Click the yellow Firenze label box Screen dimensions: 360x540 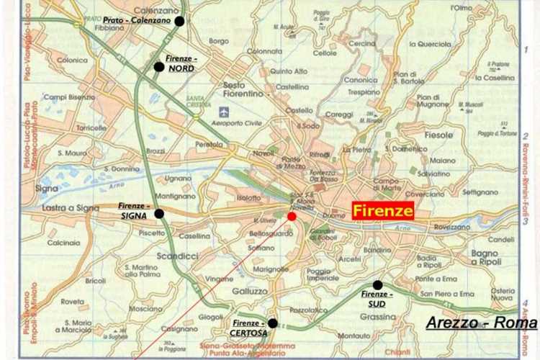[383, 211]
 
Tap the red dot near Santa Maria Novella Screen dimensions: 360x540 [292, 216]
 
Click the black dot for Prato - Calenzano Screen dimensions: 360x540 [179, 21]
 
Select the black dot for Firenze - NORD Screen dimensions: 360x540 [158, 67]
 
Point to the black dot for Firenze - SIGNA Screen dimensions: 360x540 [159, 213]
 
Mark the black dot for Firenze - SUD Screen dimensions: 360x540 [377, 285]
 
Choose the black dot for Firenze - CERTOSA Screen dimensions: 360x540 [272, 323]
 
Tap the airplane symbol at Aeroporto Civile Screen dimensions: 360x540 [224, 112]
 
